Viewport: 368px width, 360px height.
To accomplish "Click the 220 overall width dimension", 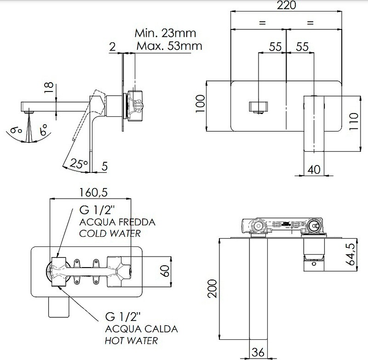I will (286, 6).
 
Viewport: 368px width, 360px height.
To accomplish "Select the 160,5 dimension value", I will (90, 192).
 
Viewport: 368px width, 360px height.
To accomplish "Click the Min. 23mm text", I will (165, 34).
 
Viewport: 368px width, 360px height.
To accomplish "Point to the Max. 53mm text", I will (169, 46).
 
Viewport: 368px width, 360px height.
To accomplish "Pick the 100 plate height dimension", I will (199, 107).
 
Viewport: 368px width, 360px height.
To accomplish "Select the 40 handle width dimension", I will (314, 169).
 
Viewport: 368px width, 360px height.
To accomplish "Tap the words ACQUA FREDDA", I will (117, 223).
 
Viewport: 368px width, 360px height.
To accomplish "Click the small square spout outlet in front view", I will (259, 107).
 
